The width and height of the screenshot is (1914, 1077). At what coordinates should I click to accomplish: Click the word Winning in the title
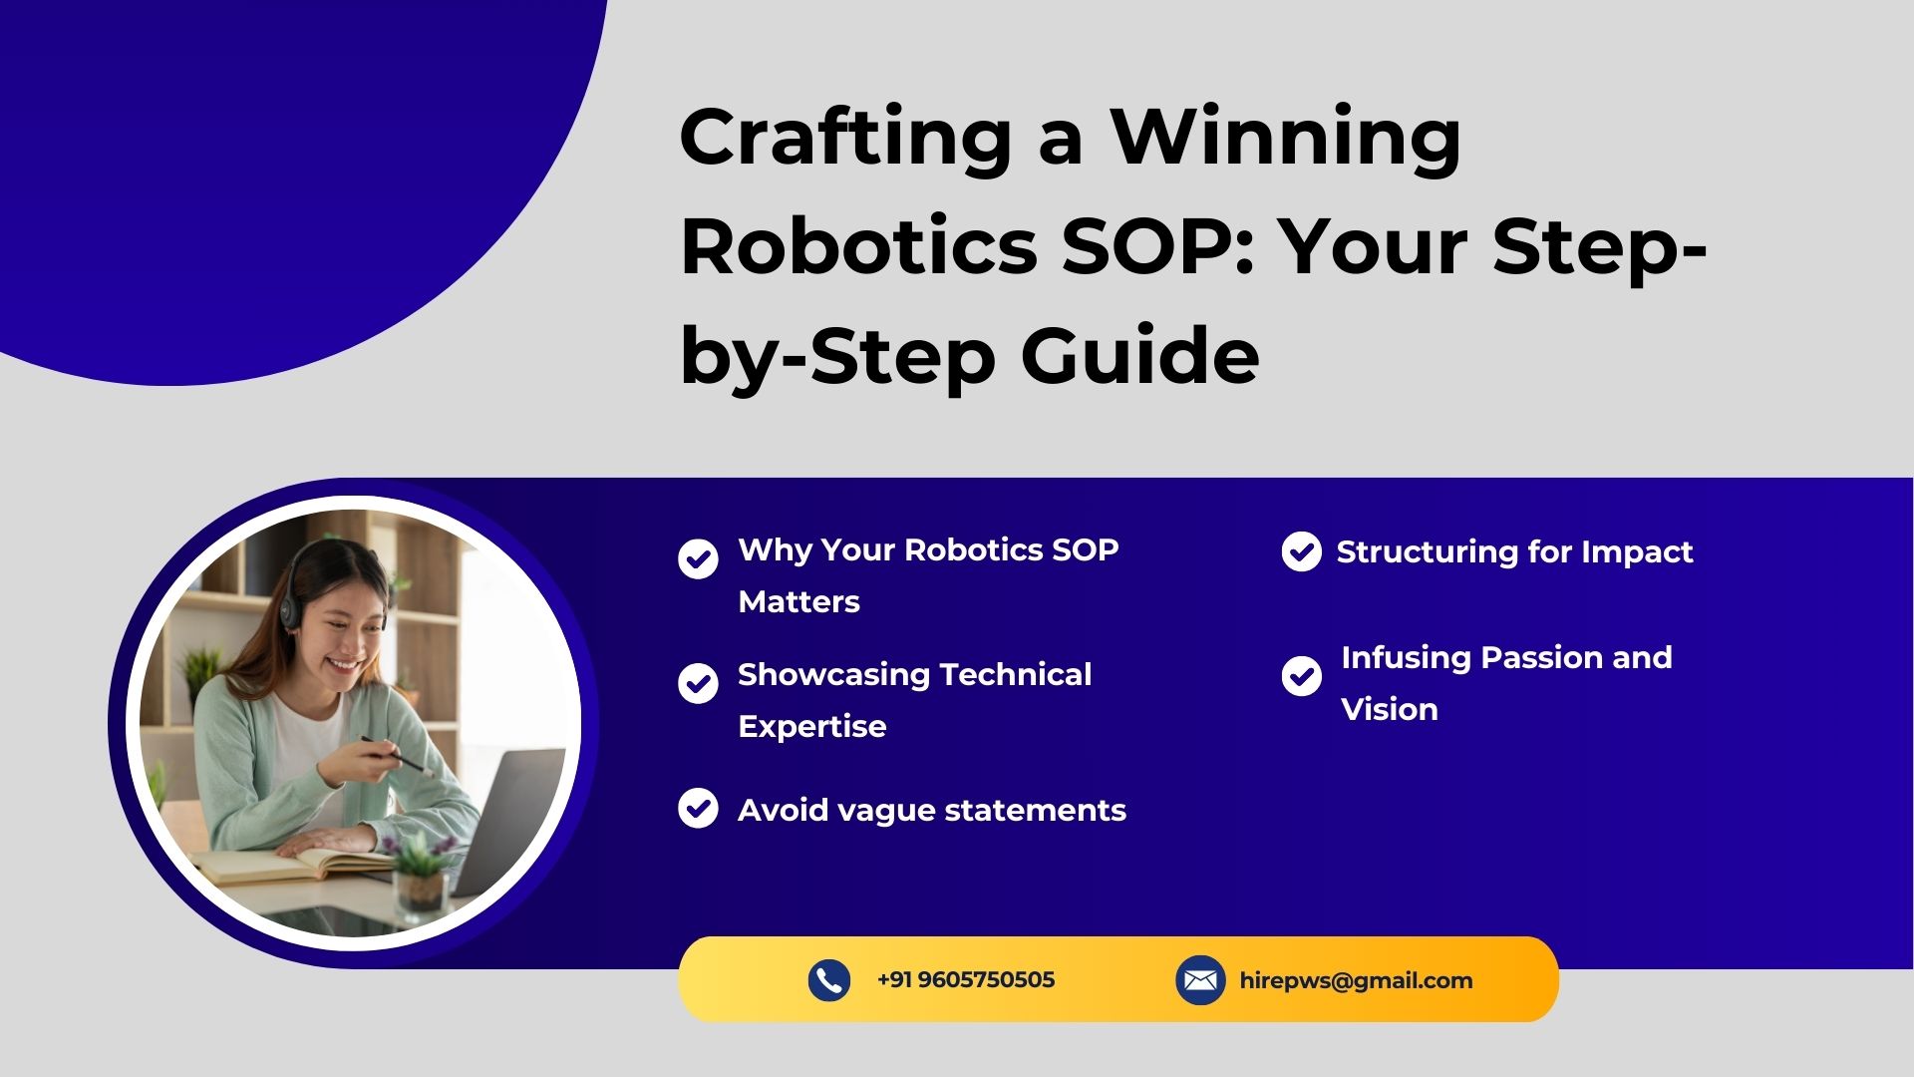pyautogui.click(x=1286, y=139)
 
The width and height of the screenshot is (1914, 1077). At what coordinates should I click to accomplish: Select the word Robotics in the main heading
pyautogui.click(x=859, y=246)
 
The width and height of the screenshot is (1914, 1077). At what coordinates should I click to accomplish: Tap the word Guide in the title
pyautogui.click(x=1139, y=355)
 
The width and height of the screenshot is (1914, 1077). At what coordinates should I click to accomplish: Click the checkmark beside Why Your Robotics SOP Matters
pyautogui.click(x=698, y=558)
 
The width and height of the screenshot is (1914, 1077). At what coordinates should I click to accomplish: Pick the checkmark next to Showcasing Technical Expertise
pyautogui.click(x=698, y=683)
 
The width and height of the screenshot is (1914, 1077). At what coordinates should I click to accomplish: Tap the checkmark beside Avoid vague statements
pyautogui.click(x=698, y=808)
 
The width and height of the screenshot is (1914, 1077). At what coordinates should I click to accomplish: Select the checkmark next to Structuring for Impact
pyautogui.click(x=1301, y=551)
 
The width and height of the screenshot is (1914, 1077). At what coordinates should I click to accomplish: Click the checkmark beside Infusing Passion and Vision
pyautogui.click(x=1301, y=676)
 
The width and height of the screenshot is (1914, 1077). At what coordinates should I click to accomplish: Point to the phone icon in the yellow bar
pyautogui.click(x=828, y=980)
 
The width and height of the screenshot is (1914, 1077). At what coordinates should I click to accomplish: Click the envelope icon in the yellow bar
pyautogui.click(x=1200, y=980)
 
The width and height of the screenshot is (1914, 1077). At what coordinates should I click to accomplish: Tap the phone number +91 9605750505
pyautogui.click(x=965, y=980)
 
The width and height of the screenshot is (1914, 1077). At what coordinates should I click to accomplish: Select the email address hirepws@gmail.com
pyautogui.click(x=1356, y=981)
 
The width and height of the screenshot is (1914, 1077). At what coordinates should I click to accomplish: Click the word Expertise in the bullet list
pyautogui.click(x=811, y=727)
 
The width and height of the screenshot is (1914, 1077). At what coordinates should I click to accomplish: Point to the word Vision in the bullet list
pyautogui.click(x=1390, y=709)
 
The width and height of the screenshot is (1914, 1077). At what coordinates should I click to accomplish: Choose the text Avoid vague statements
pyautogui.click(x=932, y=810)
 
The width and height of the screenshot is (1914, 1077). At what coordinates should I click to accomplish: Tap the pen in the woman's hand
pyautogui.click(x=396, y=756)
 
